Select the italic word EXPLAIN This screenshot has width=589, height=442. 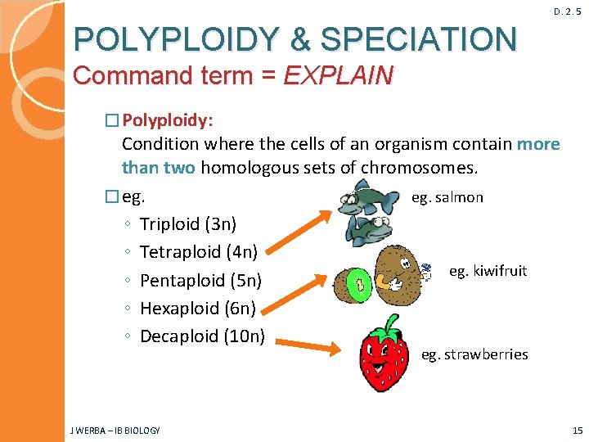[338, 76]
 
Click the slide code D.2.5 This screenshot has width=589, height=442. [567, 11]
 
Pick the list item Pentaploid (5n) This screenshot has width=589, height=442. [200, 281]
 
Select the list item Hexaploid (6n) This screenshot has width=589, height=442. [198, 309]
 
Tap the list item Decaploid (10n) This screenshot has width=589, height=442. [202, 336]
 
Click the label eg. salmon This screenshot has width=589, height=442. [447, 197]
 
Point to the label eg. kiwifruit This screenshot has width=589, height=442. [488, 271]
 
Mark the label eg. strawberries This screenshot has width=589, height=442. [474, 354]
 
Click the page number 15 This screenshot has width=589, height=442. [578, 431]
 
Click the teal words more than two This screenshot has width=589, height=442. [158, 168]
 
